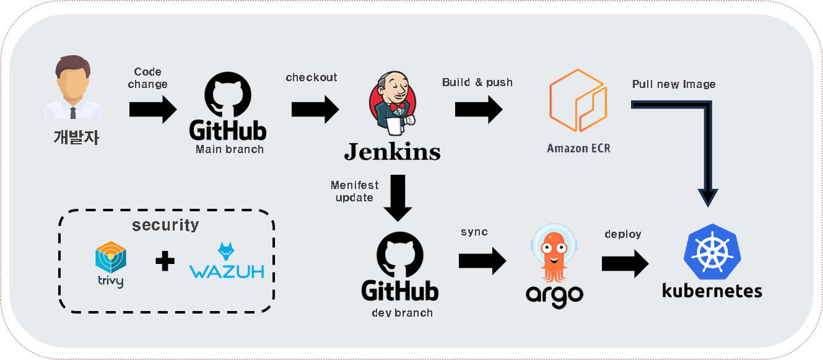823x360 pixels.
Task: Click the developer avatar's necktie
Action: pos(73,112)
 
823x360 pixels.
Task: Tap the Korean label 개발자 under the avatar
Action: pos(75,136)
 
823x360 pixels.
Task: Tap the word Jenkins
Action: pos(392,151)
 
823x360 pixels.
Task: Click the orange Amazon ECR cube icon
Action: pos(577,101)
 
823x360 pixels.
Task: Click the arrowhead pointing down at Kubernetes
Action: pos(708,197)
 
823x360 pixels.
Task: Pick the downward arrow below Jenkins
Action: pos(398,198)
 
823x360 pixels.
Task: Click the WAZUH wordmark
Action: pos(227,271)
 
